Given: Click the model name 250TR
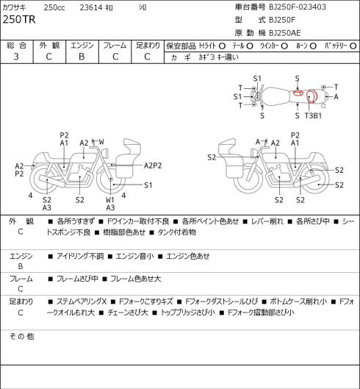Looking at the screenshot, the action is coord(19,20).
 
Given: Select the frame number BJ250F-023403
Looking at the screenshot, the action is coord(298,7).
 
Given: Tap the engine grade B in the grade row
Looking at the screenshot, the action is coord(82,57).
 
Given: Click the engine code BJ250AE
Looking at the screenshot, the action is coord(285,33).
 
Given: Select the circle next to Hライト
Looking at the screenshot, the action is coord(223,46).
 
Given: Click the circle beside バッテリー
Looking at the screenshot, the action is coord(353,46).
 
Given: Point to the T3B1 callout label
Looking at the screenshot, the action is coord(313,115).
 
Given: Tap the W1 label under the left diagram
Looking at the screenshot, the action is coord(109,200).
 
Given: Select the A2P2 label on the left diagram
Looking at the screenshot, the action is coord(153,165).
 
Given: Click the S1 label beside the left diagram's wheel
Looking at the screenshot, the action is coord(148,185).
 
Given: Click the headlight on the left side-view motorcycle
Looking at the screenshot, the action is coord(106,152).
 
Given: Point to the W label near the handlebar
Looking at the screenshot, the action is coord(101,142).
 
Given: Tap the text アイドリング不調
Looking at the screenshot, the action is coord(80,256).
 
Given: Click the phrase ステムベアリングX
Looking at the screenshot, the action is coord(82,301).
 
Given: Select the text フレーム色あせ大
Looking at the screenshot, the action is coord(136,279).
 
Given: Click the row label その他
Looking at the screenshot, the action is coord(21,336).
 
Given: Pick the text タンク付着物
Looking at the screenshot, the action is coord(177,232).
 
